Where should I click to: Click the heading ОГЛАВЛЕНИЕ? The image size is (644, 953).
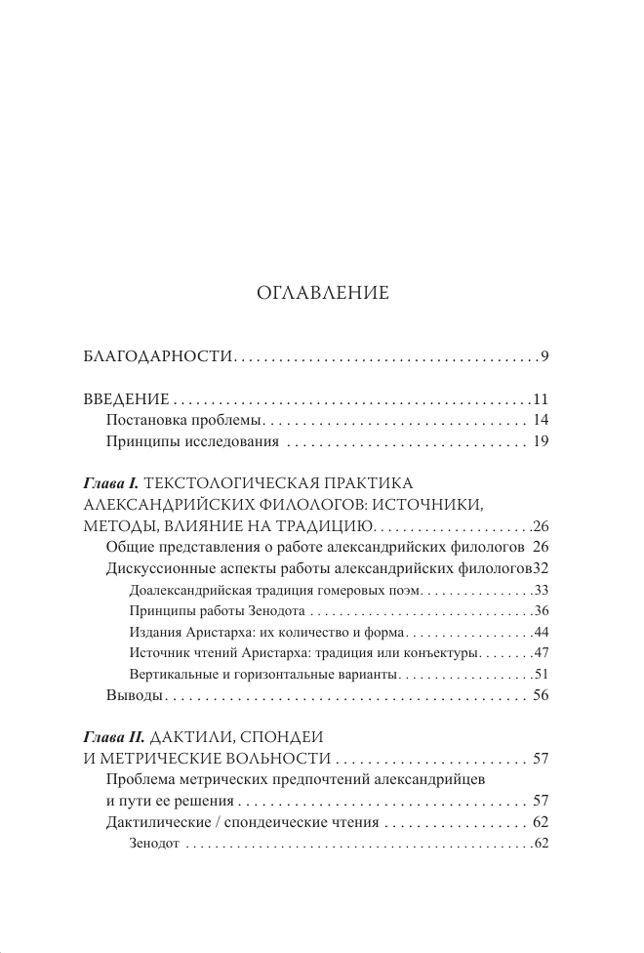click(x=322, y=292)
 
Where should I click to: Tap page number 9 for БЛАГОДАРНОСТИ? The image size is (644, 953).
click(x=546, y=356)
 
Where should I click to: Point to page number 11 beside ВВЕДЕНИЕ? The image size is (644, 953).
click(x=543, y=399)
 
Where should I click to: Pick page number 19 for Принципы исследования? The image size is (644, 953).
click(x=543, y=442)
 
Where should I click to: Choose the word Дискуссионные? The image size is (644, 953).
click(x=160, y=568)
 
